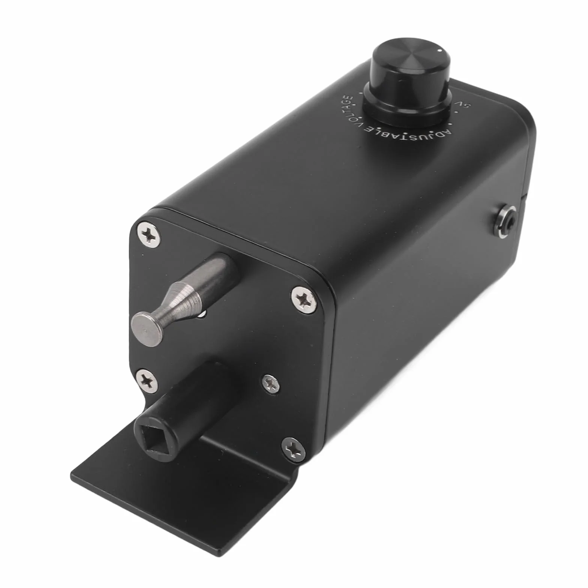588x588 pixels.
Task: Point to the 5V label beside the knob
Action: pos(460,104)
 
